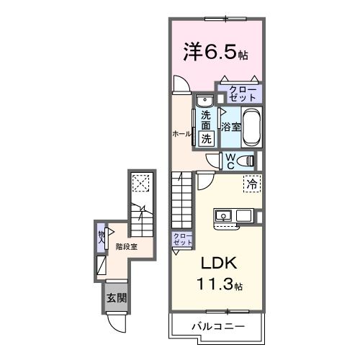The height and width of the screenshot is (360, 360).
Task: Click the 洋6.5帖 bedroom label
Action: tap(214, 52)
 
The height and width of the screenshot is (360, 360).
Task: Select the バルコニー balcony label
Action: tap(217, 327)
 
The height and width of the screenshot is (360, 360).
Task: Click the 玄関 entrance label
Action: tap(116, 297)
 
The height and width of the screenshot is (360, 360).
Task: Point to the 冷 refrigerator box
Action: tap(252, 184)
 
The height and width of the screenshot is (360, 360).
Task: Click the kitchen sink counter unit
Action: tap(233, 215)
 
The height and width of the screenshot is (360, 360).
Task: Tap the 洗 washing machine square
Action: tap(206, 138)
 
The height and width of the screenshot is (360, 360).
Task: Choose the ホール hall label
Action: tap(181, 134)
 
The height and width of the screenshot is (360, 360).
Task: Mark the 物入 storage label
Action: tap(102, 236)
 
